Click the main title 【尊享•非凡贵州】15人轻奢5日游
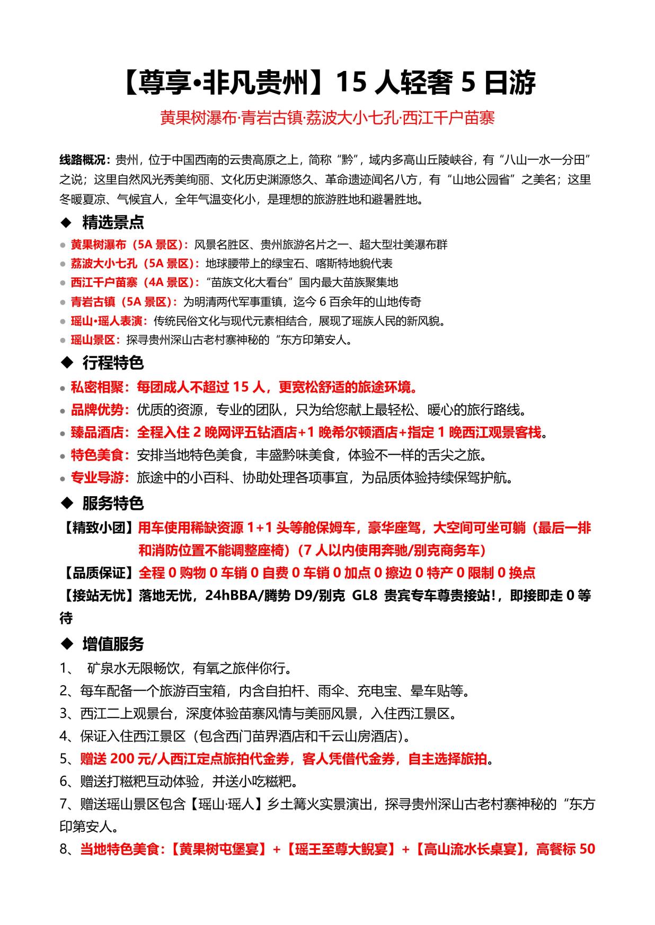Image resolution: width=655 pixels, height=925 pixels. (327, 83)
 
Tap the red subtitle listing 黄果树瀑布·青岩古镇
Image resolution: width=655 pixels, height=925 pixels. (327, 118)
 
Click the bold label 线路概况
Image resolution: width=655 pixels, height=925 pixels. (85, 160)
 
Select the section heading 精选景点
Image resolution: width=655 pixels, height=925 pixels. (113, 222)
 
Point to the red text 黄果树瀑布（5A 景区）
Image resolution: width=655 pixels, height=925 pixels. (129, 245)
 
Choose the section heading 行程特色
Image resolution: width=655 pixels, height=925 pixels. (113, 363)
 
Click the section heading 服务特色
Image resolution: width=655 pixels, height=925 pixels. (113, 503)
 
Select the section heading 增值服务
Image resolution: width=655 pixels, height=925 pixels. (113, 644)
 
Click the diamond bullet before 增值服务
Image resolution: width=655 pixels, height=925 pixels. (67, 644)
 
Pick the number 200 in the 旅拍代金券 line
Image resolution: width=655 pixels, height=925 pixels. (122, 759)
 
